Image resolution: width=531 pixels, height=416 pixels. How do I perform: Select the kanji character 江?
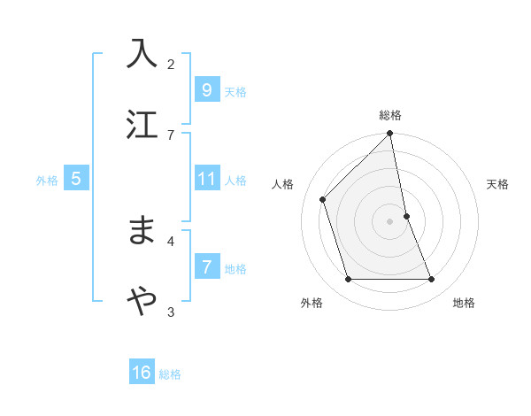pyautogui.click(x=142, y=124)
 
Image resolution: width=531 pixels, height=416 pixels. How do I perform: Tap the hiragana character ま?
pyautogui.click(x=142, y=231)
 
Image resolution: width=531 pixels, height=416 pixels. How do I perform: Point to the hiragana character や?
pyautogui.click(x=142, y=302)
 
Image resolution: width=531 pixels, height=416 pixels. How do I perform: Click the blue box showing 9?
pyautogui.click(x=206, y=90)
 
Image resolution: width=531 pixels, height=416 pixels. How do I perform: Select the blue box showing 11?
pyautogui.click(x=206, y=180)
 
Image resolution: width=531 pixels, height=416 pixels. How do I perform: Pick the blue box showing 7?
pyautogui.click(x=206, y=267)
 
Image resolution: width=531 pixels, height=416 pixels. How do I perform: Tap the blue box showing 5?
pyautogui.click(x=76, y=180)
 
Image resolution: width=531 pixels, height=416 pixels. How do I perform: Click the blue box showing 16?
pyautogui.click(x=142, y=374)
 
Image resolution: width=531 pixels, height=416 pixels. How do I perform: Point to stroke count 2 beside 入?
pyautogui.click(x=171, y=64)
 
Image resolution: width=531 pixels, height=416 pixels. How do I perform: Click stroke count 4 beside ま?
pyautogui.click(x=171, y=240)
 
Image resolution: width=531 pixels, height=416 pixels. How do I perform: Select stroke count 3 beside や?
pyautogui.click(x=171, y=311)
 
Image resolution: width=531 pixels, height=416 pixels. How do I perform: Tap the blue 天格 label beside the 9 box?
pyautogui.click(x=235, y=91)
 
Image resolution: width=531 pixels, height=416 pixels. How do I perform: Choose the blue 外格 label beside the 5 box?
pyautogui.click(x=47, y=181)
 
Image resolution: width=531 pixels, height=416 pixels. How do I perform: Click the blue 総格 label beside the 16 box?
pyautogui.click(x=170, y=374)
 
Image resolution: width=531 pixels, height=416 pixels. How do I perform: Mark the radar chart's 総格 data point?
pyautogui.click(x=389, y=134)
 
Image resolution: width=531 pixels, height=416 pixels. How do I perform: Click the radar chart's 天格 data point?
pyautogui.click(x=407, y=216)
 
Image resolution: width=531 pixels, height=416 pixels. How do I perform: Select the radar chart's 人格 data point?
pyautogui.click(x=323, y=199)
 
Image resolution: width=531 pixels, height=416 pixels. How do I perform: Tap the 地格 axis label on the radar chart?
pyautogui.click(x=464, y=303)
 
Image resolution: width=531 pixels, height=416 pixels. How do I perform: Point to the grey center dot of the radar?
pyautogui.click(x=389, y=221)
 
